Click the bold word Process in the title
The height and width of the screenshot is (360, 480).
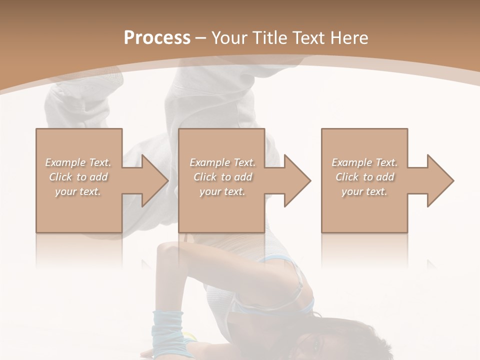(x=157, y=38)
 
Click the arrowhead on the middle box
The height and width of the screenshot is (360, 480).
(x=297, y=180)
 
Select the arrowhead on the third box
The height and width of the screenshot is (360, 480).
(x=440, y=180)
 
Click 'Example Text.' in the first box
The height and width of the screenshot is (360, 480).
(x=78, y=162)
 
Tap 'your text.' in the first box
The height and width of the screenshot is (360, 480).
(x=78, y=191)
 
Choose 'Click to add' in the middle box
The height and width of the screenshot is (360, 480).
(x=222, y=177)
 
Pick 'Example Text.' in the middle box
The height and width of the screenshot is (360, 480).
(x=222, y=162)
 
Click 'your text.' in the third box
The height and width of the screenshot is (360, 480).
(x=364, y=191)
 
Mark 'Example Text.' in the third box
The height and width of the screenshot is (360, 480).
(x=364, y=162)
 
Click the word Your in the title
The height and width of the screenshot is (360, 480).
(x=229, y=38)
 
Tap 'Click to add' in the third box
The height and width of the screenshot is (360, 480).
(x=364, y=177)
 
